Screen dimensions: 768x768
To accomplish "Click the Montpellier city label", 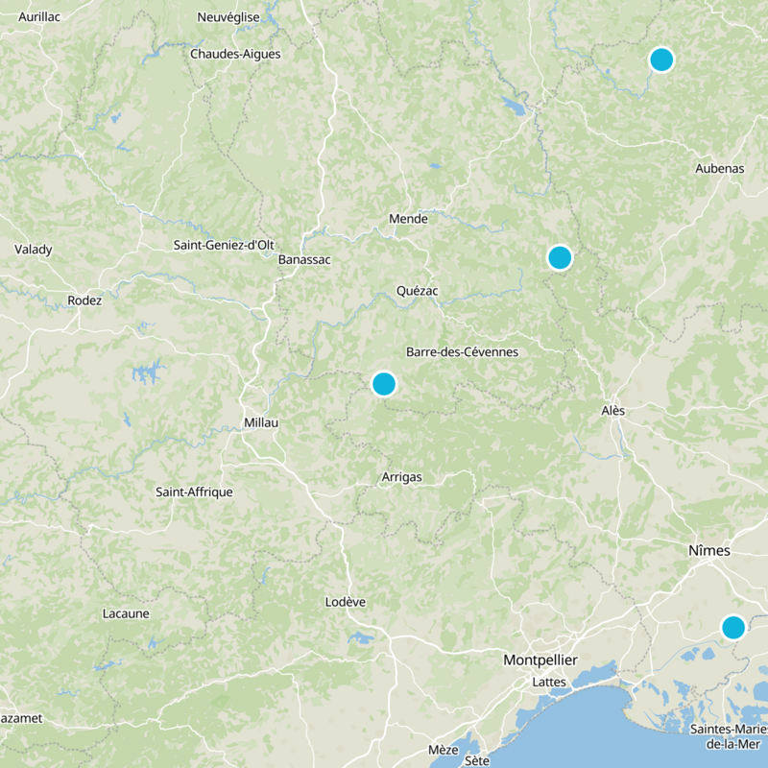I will click(540, 660).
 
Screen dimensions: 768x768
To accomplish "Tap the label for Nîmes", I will click(709, 551).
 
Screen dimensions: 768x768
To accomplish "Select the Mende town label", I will click(408, 219).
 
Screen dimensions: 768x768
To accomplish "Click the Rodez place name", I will click(84, 300).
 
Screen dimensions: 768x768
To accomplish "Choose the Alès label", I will click(612, 411).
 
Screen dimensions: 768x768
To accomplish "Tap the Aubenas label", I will click(719, 169).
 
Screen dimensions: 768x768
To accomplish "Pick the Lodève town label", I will click(346, 602).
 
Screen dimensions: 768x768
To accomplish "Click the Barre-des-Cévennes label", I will click(462, 352).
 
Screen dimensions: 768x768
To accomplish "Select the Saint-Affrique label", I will click(194, 492).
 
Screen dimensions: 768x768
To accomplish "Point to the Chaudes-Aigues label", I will click(235, 54).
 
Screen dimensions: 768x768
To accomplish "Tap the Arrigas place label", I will click(400, 477).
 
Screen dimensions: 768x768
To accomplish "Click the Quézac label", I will click(418, 291).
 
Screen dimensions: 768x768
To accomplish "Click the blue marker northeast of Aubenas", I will click(660, 60).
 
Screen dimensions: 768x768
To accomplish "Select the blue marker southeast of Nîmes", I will click(733, 628).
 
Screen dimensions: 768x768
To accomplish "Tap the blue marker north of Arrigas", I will click(383, 384).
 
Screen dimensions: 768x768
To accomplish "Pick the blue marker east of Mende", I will click(560, 257).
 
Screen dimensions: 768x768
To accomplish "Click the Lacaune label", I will click(125, 613).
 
